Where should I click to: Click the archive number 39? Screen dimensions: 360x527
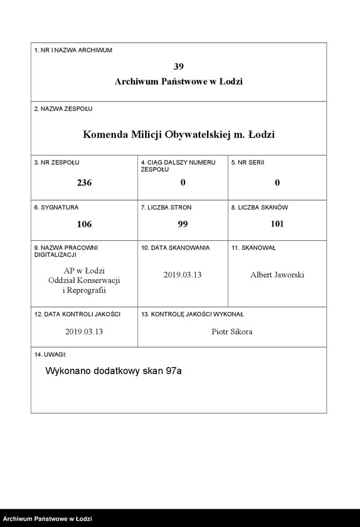(x=179, y=66)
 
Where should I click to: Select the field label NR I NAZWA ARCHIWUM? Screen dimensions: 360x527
(x=73, y=50)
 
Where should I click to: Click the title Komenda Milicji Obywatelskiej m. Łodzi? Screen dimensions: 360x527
(x=179, y=134)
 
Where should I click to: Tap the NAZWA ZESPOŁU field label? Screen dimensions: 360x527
(x=63, y=109)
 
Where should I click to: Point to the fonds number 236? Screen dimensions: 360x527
(x=84, y=183)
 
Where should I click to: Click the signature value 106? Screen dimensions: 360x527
(x=84, y=224)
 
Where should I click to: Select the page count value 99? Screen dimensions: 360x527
(x=183, y=224)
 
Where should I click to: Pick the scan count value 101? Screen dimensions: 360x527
(x=277, y=224)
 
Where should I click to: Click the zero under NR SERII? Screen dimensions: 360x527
(x=277, y=183)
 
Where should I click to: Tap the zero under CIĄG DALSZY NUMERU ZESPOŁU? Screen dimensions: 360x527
(x=183, y=183)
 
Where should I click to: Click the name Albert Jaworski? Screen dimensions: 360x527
(x=277, y=275)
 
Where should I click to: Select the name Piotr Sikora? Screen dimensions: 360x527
(x=232, y=331)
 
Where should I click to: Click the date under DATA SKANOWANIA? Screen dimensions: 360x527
(x=183, y=275)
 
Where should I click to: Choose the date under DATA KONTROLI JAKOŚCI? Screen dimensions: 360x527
(x=84, y=331)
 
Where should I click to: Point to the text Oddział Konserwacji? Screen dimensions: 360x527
(x=84, y=280)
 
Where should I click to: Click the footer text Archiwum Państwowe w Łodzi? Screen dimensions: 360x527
(x=48, y=519)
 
